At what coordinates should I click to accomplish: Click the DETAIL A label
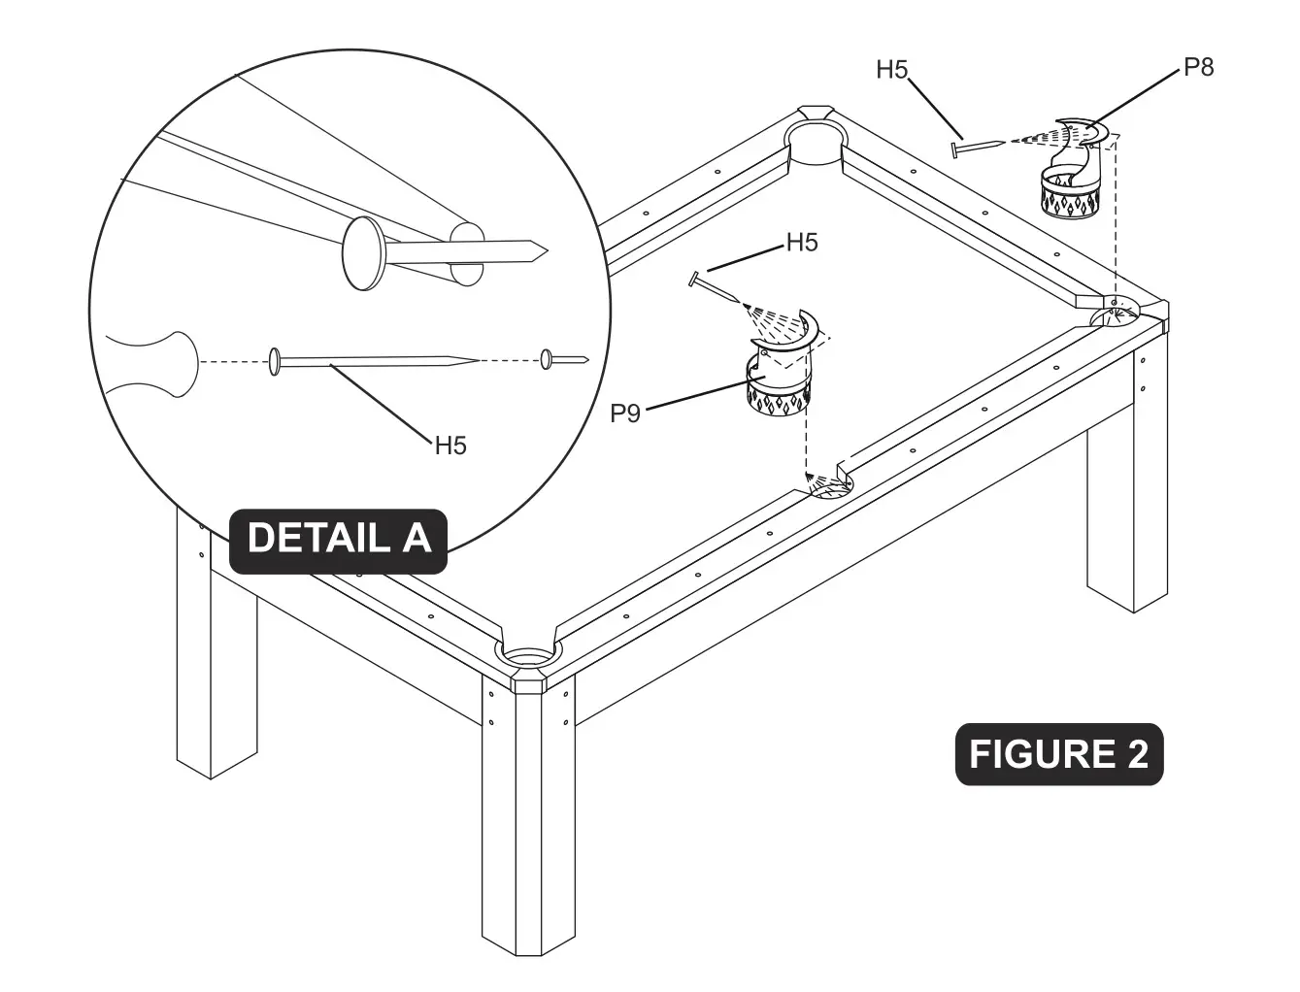(338, 537)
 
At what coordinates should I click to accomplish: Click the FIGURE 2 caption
(1058, 754)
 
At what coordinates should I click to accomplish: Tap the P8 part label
(1198, 67)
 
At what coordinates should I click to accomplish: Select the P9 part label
(625, 413)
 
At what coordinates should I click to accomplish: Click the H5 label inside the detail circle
(450, 446)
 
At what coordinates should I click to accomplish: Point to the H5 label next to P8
(892, 70)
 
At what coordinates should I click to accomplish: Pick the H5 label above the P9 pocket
(802, 243)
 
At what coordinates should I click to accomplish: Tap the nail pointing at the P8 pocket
(977, 146)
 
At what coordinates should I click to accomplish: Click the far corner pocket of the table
(814, 136)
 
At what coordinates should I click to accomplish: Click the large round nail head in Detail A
(364, 253)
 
